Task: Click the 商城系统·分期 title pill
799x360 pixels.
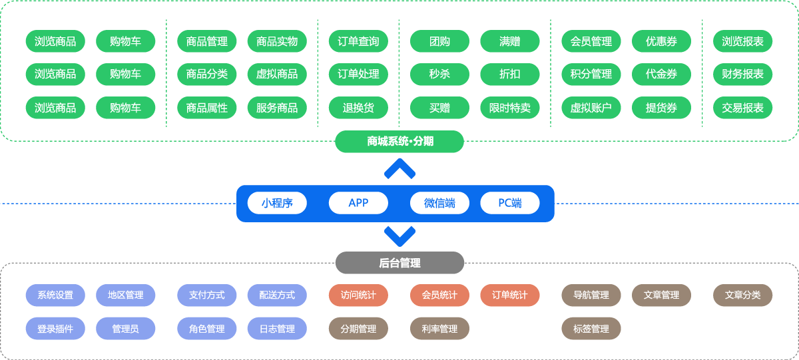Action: tap(400, 141)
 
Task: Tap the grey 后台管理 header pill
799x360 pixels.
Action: tap(400, 263)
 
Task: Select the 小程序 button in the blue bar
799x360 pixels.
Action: tap(277, 203)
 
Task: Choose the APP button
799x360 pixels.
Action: tap(358, 203)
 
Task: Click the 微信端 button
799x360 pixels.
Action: tap(439, 203)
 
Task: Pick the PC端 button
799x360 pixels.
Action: tap(510, 203)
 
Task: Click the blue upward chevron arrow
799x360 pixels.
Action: tap(400, 169)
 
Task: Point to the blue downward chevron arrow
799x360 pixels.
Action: tap(400, 236)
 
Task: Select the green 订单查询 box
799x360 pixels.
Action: tap(358, 41)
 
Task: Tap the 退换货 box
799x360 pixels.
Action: tap(358, 108)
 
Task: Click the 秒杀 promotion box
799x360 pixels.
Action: tap(439, 74)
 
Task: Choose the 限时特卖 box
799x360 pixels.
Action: tap(510, 108)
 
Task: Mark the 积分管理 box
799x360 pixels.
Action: tap(591, 74)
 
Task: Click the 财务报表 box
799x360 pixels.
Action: tap(743, 74)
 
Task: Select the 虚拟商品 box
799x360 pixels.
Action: tap(277, 74)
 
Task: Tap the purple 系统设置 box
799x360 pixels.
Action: tap(55, 295)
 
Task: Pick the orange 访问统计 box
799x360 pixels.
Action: tap(358, 295)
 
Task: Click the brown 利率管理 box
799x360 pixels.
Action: tap(439, 329)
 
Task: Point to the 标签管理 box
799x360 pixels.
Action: tap(591, 329)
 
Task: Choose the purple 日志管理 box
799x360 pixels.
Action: tap(277, 329)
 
